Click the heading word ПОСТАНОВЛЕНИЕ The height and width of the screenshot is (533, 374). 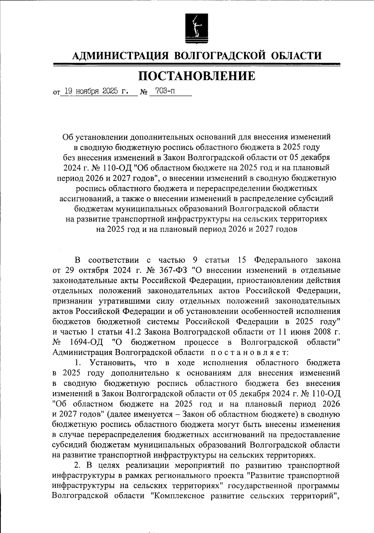pyautogui.click(x=196, y=76)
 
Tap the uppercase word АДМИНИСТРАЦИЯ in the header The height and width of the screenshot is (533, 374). pyautogui.click(x=120, y=56)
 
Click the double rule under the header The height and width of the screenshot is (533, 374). pyautogui.click(x=196, y=65)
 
